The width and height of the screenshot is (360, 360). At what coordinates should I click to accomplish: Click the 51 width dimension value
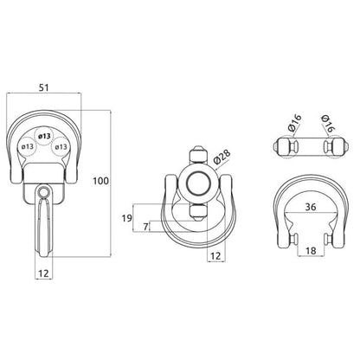pyautogui.click(x=44, y=87)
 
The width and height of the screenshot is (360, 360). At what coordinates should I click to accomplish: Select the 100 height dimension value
pyautogui.click(x=100, y=181)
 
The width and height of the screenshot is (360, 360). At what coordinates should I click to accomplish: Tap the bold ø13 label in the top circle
pyautogui.click(x=44, y=136)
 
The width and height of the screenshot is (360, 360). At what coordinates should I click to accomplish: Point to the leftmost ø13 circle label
pyautogui.click(x=28, y=146)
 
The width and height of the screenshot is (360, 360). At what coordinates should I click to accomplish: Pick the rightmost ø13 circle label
pyautogui.click(x=61, y=146)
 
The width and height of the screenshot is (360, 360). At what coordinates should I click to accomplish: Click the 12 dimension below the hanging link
pyautogui.click(x=43, y=273)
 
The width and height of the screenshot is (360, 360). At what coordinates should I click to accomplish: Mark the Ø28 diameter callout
pyautogui.click(x=222, y=157)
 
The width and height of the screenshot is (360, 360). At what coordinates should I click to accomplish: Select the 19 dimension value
pyautogui.click(x=126, y=218)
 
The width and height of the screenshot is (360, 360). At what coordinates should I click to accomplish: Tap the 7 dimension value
pyautogui.click(x=145, y=227)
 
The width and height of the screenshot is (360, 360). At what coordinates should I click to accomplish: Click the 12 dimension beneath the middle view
pyautogui.click(x=216, y=256)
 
